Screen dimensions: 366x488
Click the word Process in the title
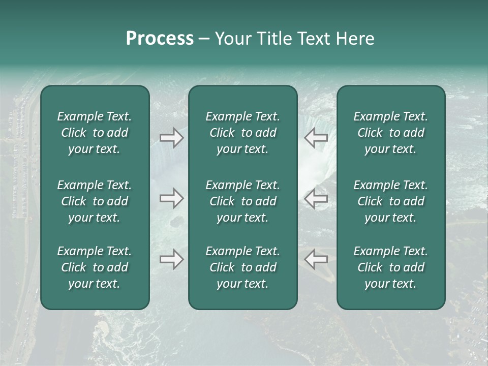(x=160, y=39)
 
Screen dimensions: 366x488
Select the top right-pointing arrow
(x=171, y=138)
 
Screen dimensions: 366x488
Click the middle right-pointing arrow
(x=171, y=198)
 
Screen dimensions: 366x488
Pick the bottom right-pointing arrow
(x=171, y=259)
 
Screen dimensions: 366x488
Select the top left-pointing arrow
(x=316, y=138)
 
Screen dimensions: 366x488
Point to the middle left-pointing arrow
(x=316, y=198)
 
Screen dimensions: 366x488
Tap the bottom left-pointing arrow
(x=316, y=259)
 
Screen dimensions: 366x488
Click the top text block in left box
(x=95, y=133)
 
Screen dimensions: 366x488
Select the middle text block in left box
(x=95, y=201)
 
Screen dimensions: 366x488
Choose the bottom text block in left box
(x=95, y=267)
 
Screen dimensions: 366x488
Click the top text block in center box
(x=242, y=133)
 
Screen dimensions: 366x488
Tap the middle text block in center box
(x=242, y=201)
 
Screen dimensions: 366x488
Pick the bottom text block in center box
(x=242, y=267)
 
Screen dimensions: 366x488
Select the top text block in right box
(x=390, y=133)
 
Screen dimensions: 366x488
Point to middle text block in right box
(x=390, y=201)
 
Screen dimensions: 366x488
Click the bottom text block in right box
(x=390, y=267)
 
